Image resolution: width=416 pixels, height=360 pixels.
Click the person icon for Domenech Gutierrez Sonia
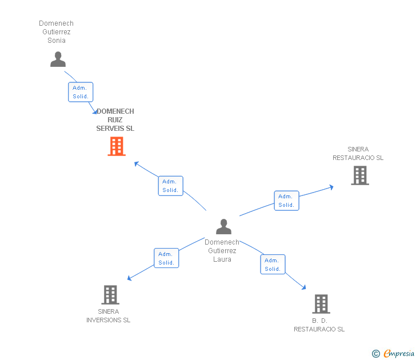coord(58,59)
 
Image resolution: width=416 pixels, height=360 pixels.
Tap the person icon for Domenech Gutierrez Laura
coord(223,226)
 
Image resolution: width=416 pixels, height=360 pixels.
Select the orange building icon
coord(117,146)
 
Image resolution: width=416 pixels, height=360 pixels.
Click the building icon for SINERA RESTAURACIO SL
coord(360,175)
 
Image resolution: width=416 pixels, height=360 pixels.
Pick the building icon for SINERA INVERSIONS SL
coord(110,295)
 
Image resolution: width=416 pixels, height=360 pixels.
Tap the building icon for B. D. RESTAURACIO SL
coord(321,304)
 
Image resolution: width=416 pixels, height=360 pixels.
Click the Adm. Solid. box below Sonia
coord(81,92)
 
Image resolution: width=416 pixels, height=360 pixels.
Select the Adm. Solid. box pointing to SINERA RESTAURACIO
coord(286,201)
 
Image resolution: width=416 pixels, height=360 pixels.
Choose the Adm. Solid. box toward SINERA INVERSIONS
coord(166,258)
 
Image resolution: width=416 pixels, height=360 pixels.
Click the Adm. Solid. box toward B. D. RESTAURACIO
coord(273,265)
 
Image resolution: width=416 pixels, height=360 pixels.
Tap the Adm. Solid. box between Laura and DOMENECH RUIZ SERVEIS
coord(171,186)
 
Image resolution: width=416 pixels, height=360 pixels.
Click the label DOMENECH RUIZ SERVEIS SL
coord(115,120)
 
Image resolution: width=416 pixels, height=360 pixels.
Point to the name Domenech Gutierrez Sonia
coord(56,32)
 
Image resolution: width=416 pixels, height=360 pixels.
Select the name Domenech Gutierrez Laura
coord(222,251)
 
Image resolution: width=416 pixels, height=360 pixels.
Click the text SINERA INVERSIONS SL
coord(108,315)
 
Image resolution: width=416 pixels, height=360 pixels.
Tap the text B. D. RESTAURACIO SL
coord(319,325)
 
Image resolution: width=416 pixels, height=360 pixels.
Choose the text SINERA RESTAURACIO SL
coord(358,153)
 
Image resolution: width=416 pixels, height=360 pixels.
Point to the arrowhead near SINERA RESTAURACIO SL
coord(331,187)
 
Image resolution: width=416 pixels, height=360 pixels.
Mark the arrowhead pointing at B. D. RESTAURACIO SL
coord(304,287)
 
